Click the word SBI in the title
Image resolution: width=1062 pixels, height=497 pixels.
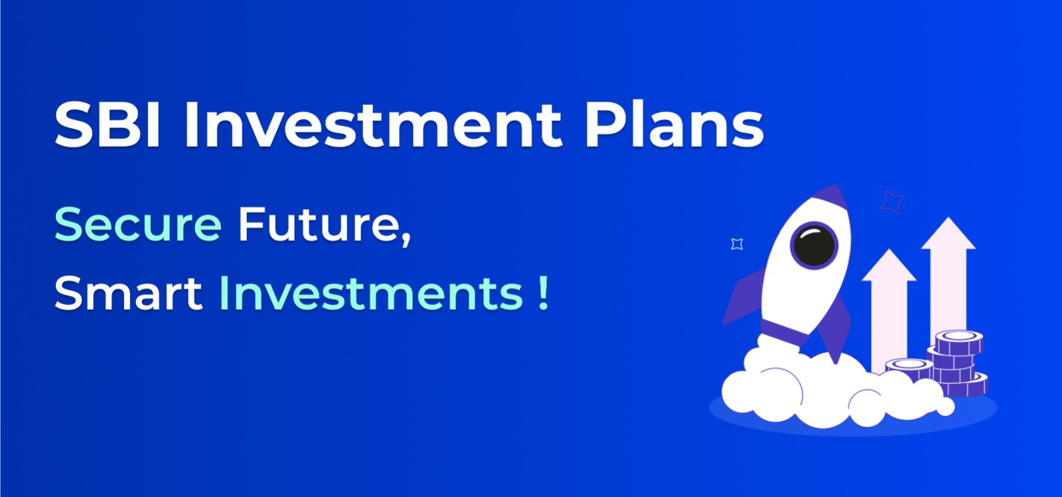[x=108, y=124]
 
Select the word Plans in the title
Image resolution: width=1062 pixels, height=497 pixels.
[x=674, y=124]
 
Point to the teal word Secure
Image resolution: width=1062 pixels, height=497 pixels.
[x=137, y=224]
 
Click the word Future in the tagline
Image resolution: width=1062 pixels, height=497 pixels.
[x=318, y=224]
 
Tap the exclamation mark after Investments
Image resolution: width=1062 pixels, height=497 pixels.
[x=544, y=294]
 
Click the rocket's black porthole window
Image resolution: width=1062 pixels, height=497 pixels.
[x=814, y=245]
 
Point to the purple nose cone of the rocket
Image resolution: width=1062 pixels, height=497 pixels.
[x=829, y=198]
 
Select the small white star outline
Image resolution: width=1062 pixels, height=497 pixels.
[x=737, y=244]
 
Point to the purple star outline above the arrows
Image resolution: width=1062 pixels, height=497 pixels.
[x=892, y=201]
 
